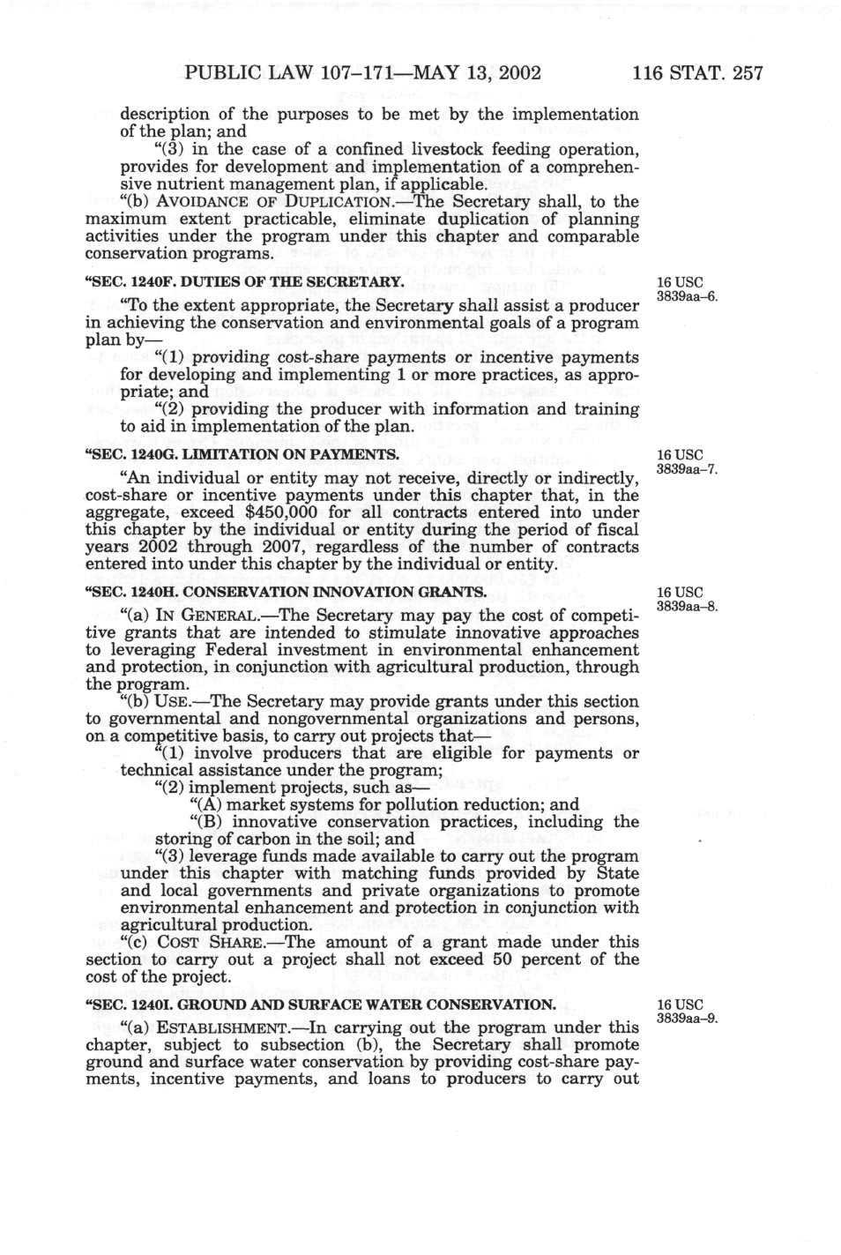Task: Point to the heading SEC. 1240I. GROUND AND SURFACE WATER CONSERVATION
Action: click(x=320, y=1005)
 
